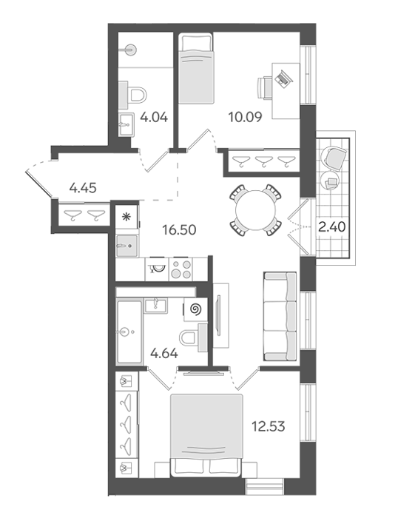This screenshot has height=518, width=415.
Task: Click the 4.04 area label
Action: (x=154, y=117)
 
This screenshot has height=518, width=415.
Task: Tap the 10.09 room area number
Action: (x=246, y=117)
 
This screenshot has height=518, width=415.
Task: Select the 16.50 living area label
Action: (x=179, y=229)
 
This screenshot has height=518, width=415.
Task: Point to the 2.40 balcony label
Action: (x=332, y=227)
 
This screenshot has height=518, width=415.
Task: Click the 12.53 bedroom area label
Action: (x=268, y=426)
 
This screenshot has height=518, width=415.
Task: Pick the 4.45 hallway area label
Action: (x=83, y=188)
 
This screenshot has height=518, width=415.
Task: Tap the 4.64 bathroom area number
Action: (x=164, y=354)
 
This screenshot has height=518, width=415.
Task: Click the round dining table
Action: (x=255, y=210)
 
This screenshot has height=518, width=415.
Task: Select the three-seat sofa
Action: (x=280, y=316)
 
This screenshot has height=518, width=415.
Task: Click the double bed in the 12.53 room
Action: (x=206, y=435)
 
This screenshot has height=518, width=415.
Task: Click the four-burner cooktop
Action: (x=181, y=269)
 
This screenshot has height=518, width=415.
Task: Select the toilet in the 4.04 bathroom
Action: (x=132, y=95)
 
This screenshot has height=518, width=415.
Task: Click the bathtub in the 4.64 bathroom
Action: (x=129, y=332)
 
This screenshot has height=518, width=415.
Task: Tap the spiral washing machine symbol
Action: (x=196, y=309)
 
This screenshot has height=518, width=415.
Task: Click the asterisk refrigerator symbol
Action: (x=126, y=217)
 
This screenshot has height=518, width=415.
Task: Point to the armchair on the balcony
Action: (x=335, y=158)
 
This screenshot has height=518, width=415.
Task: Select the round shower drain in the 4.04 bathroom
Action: (x=130, y=50)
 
